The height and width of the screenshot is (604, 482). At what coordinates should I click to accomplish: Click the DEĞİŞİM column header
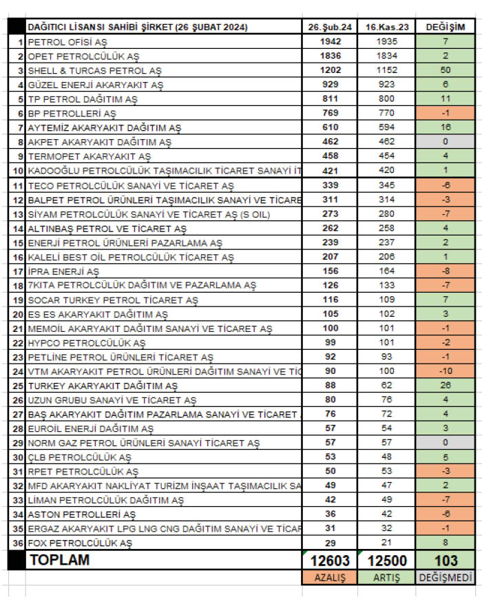tap(446, 27)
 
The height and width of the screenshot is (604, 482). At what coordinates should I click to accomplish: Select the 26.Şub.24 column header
tap(330, 27)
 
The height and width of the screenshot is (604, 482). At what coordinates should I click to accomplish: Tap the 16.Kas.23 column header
tap(386, 27)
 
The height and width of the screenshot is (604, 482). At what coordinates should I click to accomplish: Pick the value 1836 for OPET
tap(330, 56)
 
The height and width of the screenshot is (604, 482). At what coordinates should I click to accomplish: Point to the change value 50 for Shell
tap(446, 70)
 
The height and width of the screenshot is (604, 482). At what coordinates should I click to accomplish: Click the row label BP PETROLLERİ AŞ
tap(72, 114)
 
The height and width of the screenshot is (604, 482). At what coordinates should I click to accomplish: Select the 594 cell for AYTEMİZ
tap(386, 128)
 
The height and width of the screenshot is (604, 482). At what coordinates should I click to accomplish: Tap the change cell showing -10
tap(446, 371)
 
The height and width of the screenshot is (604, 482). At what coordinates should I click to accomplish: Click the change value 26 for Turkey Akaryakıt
tap(446, 386)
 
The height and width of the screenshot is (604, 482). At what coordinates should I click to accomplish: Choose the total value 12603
tap(330, 561)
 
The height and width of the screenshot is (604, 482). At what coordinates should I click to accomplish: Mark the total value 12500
tap(386, 561)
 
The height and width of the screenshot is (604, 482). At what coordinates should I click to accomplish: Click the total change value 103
tap(446, 561)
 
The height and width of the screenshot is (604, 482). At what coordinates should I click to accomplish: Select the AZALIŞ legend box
tap(330, 578)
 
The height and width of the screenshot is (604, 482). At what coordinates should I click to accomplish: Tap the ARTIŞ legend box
tap(386, 578)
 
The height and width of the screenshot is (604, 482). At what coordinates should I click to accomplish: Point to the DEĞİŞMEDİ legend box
tap(446, 578)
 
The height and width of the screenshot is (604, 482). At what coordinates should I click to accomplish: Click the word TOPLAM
tap(59, 561)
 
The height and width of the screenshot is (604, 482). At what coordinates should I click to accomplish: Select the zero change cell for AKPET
tap(446, 142)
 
